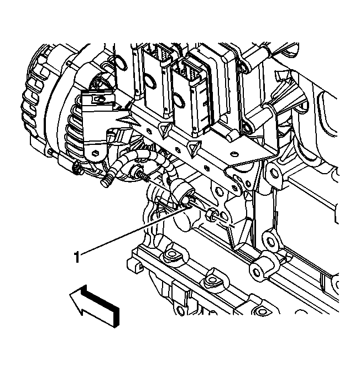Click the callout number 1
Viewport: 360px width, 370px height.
(x=77, y=256)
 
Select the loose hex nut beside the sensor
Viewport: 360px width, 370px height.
(x=210, y=215)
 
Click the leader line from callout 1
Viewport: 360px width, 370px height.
(x=133, y=230)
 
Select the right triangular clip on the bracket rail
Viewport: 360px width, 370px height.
(x=194, y=146)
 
